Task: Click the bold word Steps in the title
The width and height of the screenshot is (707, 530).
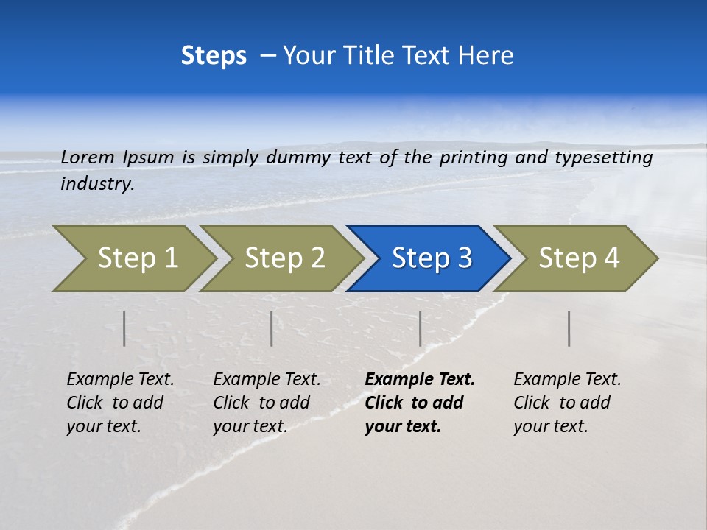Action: [214, 56]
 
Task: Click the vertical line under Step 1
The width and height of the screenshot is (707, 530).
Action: [124, 328]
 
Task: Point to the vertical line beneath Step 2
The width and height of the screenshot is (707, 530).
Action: [272, 328]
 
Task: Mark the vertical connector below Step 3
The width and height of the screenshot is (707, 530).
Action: [420, 328]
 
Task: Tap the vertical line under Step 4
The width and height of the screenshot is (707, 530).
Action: [569, 328]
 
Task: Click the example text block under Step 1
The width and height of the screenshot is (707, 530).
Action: [120, 403]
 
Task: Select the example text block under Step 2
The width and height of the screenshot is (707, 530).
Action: [267, 403]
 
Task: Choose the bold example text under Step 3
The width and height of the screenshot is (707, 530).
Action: [420, 403]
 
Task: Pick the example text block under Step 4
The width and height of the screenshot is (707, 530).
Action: [567, 403]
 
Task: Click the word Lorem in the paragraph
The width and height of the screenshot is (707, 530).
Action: [88, 157]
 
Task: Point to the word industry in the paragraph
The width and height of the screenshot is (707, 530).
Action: [97, 184]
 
